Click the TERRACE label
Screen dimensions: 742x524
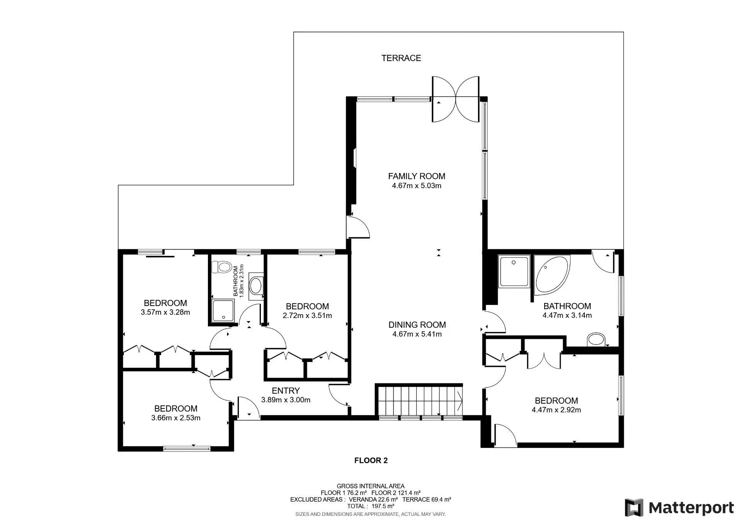click(x=401, y=58)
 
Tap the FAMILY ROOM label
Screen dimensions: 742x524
click(x=417, y=176)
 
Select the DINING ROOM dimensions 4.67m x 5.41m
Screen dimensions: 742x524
click(x=417, y=334)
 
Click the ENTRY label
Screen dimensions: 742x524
click(x=286, y=391)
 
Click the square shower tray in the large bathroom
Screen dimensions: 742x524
click(x=514, y=271)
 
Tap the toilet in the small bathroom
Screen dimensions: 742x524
click(x=221, y=267)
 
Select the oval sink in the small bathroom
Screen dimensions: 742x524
click(x=256, y=286)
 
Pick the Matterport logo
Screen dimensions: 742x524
click(x=679, y=507)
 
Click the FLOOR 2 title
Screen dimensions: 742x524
click(x=371, y=460)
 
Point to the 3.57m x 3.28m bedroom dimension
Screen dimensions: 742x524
click(x=165, y=312)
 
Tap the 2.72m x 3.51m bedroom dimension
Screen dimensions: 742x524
click(x=307, y=315)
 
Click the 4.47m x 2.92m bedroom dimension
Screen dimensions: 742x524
click(x=556, y=410)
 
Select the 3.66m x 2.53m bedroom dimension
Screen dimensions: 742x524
click(x=176, y=418)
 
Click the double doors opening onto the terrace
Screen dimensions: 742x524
click(x=456, y=99)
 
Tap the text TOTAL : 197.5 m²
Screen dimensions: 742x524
click(x=371, y=506)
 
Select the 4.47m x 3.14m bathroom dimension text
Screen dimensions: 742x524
click(x=567, y=315)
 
